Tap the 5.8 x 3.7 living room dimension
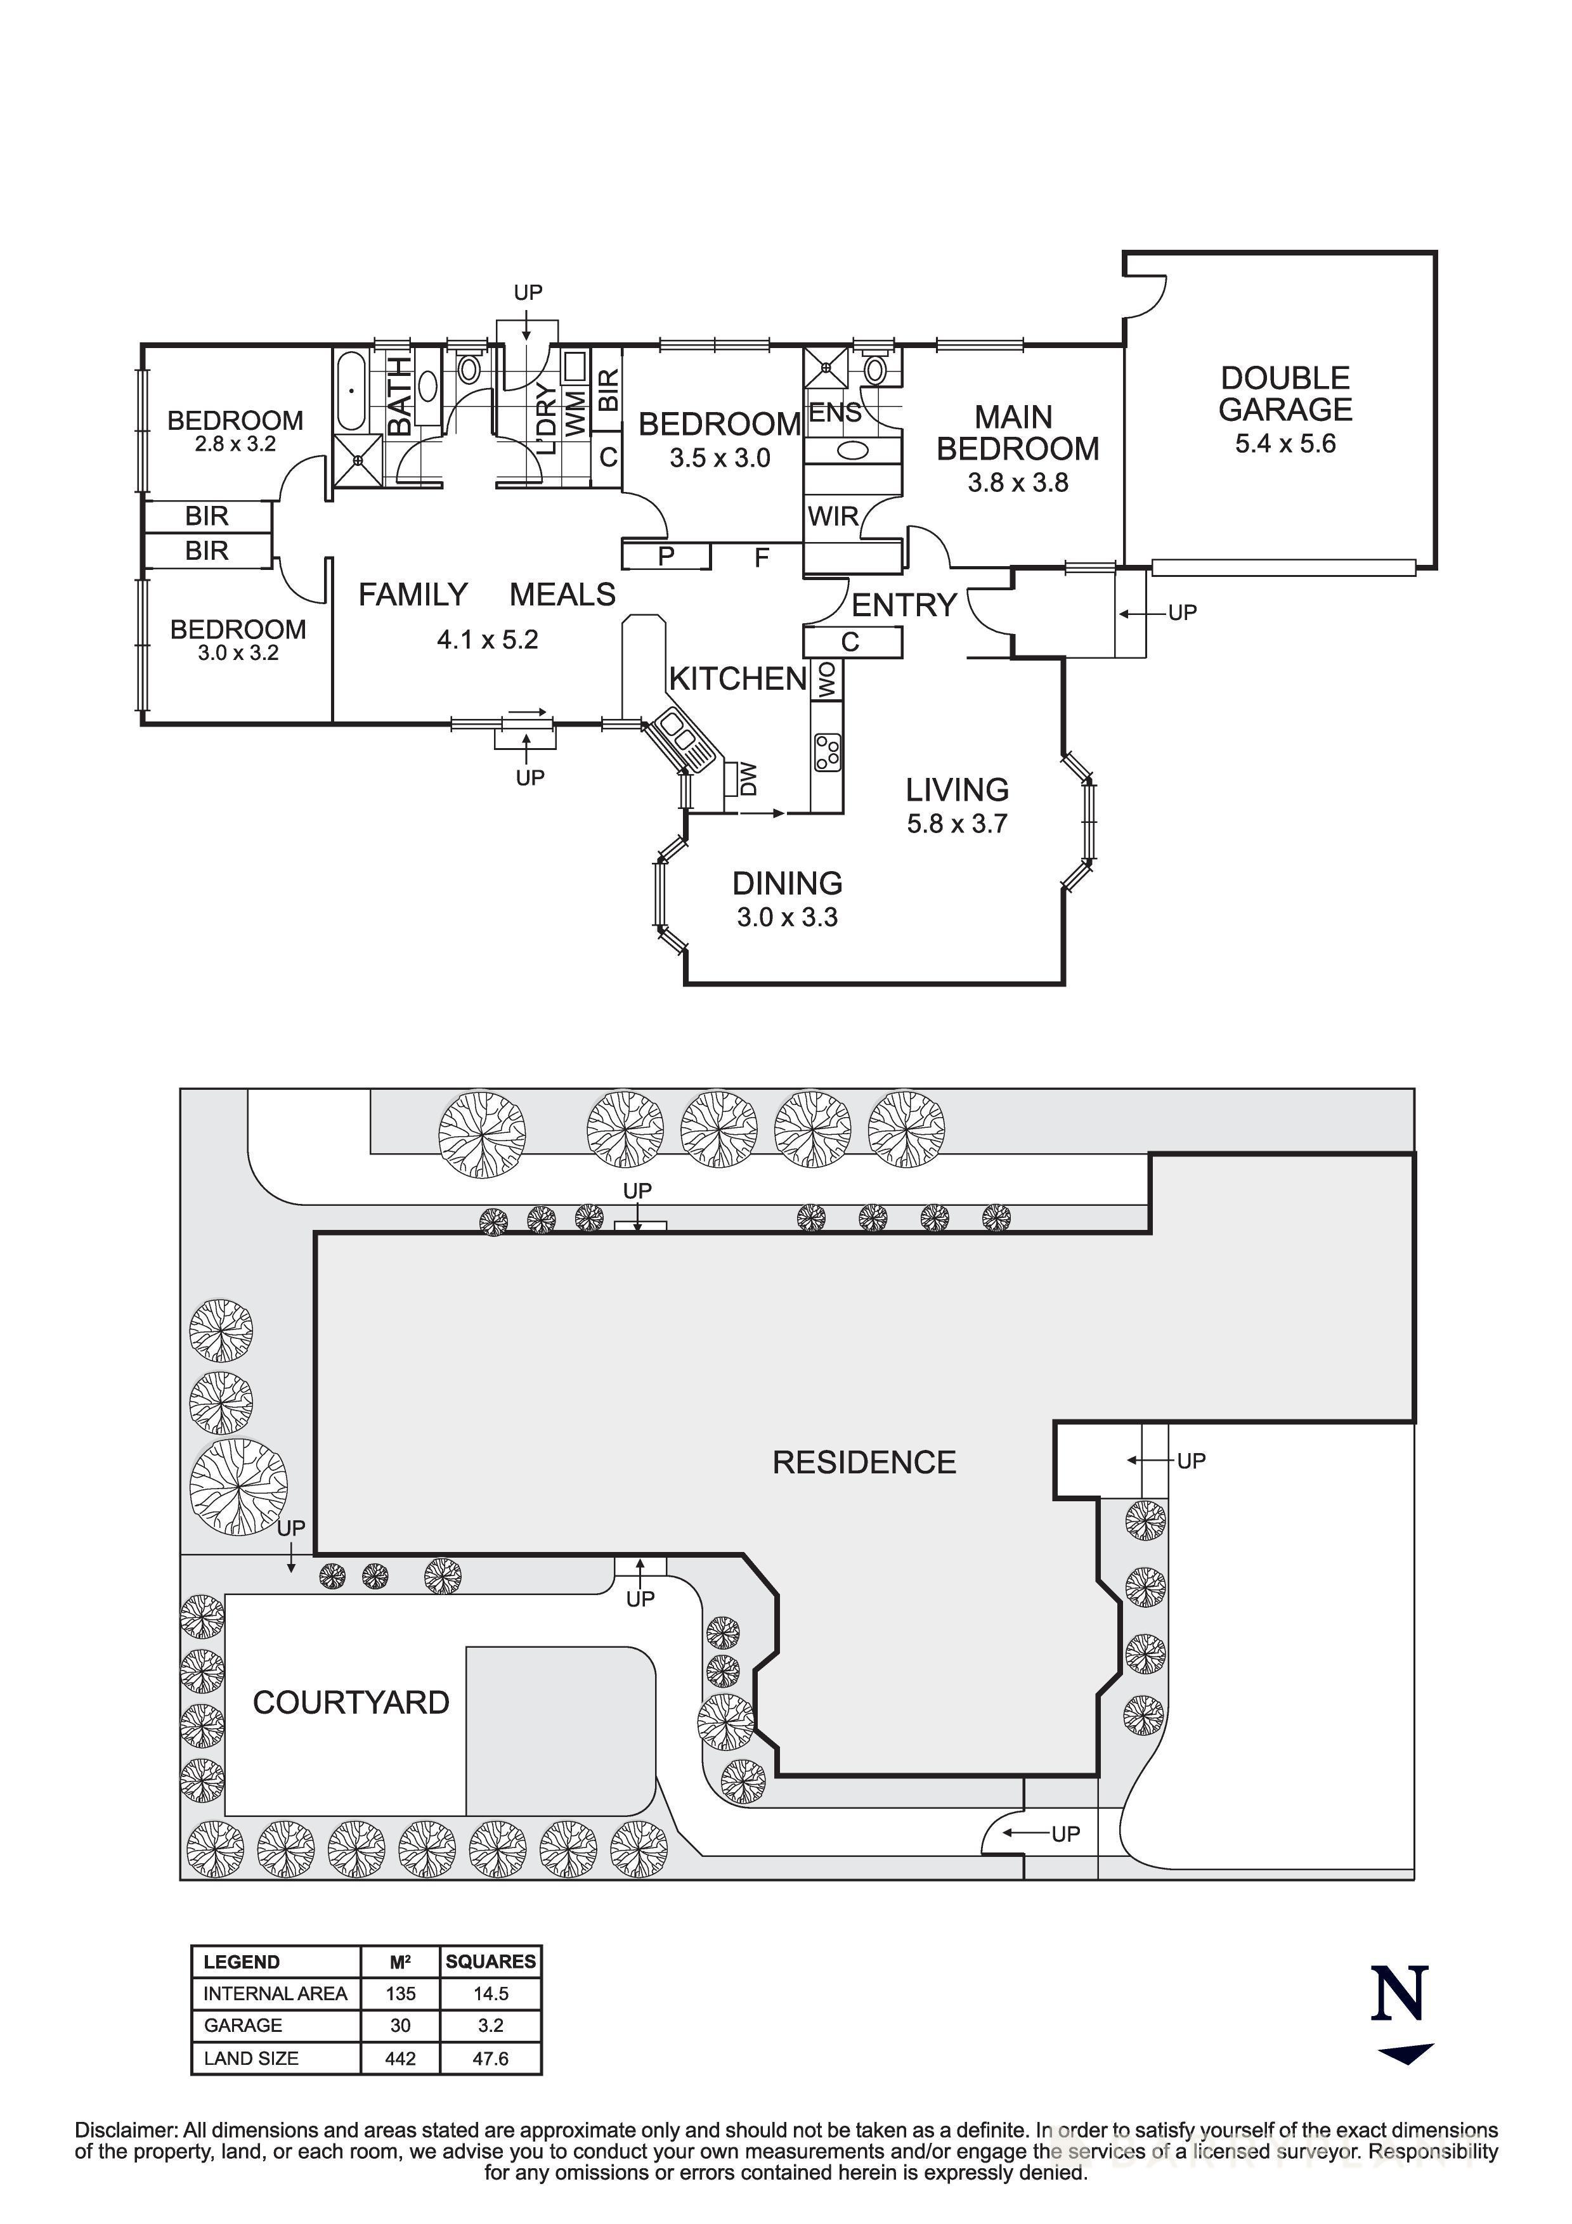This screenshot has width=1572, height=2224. [956, 824]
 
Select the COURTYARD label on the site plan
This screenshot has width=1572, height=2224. [351, 1702]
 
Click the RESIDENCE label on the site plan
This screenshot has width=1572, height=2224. [864, 1462]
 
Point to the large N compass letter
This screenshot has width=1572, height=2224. [1400, 1993]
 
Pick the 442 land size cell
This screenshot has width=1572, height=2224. [400, 2059]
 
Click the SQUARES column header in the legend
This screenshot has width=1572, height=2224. [490, 1962]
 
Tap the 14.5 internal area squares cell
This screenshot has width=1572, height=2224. [490, 1993]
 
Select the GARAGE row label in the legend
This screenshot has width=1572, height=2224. [243, 2026]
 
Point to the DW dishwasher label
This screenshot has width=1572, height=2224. [747, 779]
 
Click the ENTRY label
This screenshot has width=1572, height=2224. [904, 605]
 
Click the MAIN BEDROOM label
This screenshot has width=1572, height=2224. [1017, 433]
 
